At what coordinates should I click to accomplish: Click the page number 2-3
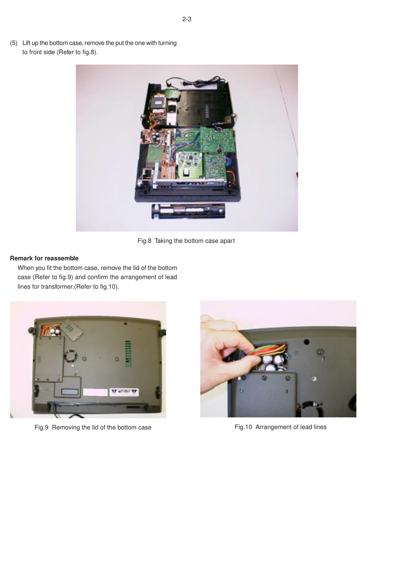187,19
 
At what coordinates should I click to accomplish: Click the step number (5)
14,43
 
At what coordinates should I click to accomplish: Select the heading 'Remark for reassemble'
44,258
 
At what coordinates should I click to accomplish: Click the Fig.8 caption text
186,241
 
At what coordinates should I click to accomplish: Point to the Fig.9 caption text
93,427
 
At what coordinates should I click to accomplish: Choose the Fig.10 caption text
280,427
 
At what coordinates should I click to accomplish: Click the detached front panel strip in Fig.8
188,211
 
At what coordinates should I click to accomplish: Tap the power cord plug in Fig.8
184,83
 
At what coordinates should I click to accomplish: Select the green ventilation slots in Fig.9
128,354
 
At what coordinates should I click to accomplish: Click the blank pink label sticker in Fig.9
95,392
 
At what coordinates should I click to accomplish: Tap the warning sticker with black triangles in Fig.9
124,392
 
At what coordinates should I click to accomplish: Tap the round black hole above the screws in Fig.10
306,342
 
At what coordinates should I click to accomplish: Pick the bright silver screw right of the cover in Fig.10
315,379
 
